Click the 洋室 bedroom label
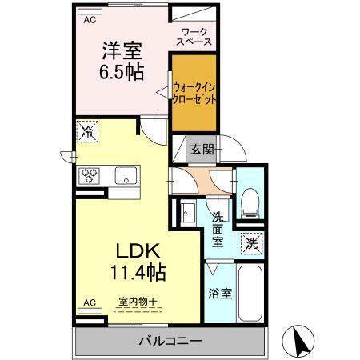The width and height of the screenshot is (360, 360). pyautogui.click(x=122, y=50)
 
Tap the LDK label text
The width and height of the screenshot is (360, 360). pyautogui.click(x=138, y=250)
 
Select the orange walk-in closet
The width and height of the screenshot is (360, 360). pyautogui.click(x=194, y=93)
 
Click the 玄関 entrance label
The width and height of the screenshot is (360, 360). pyautogui.click(x=202, y=150)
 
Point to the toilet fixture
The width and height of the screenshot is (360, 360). pyautogui.click(x=250, y=204)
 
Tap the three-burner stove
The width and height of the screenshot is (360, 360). pyautogui.click(x=89, y=176)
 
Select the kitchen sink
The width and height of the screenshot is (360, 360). pyautogui.click(x=127, y=175)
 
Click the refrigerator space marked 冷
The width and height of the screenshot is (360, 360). pyautogui.click(x=87, y=131)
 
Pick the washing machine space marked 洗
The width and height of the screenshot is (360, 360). pyautogui.click(x=252, y=243)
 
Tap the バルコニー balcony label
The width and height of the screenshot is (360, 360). pyautogui.click(x=170, y=341)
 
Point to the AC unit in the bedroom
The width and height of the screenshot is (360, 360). pyautogui.click(x=90, y=12)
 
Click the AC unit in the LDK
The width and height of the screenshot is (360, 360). pyautogui.click(x=90, y=310)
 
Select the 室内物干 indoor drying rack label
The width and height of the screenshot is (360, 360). pyautogui.click(x=138, y=302)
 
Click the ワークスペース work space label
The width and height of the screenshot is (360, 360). pyautogui.click(x=194, y=37)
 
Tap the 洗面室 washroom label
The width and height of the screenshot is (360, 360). pyautogui.click(x=218, y=230)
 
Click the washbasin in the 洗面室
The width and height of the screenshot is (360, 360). pyautogui.click(x=188, y=213)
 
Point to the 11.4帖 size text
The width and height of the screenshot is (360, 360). pyautogui.click(x=138, y=272)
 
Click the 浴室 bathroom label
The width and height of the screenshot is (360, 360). pyautogui.click(x=220, y=294)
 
